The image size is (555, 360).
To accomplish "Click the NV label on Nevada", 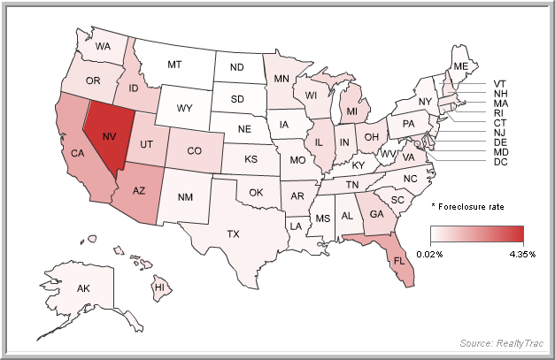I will coord(110,137).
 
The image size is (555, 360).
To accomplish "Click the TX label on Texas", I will coord(234,234).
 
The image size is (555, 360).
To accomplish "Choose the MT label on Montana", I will coord(174,65).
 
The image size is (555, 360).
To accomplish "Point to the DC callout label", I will coord(501,162).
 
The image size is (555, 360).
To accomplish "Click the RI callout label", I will coord(501,112).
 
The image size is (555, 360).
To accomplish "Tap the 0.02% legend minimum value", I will coord(443,254).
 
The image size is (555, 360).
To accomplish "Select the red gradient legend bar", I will coord(477,234).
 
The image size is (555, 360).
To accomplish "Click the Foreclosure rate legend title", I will coord(468,206).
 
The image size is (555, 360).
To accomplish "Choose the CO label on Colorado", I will coord(193,149).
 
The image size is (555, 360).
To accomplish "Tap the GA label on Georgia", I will coord(377,213).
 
